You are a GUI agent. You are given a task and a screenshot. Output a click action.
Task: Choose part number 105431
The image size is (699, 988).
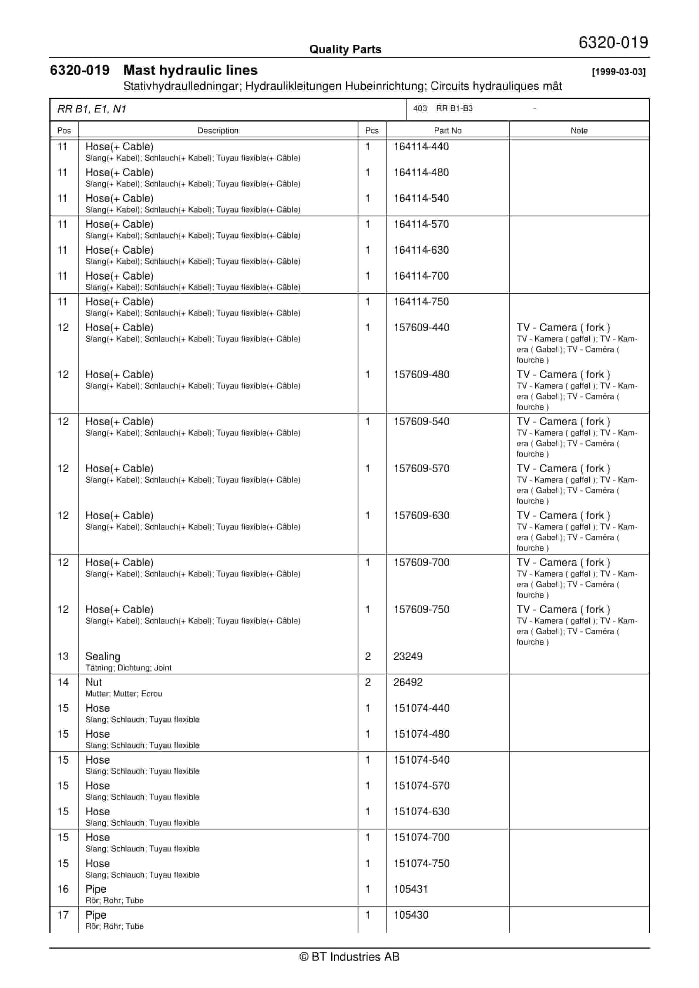click(x=411, y=889)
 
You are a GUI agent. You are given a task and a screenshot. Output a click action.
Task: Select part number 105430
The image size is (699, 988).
click(x=411, y=915)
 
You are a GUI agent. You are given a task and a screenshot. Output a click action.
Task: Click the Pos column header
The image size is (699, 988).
click(x=64, y=130)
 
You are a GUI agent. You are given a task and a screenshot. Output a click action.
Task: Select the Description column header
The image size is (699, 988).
click(x=218, y=130)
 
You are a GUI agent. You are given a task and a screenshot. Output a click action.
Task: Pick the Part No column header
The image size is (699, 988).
click(x=447, y=130)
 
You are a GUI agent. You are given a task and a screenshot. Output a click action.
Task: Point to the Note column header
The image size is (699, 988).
click(x=579, y=130)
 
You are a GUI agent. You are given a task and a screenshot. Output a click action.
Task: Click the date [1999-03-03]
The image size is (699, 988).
click(x=619, y=72)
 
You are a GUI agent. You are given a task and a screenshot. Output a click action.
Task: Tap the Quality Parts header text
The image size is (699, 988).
click(x=345, y=49)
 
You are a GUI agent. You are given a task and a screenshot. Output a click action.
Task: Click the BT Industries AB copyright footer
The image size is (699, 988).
click(x=349, y=957)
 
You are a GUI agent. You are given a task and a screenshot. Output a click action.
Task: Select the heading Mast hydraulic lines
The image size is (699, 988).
click(x=190, y=70)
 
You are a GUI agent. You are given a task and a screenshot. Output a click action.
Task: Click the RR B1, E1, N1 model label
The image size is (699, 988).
click(x=92, y=109)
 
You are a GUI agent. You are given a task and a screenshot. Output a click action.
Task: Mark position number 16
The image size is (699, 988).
click(x=63, y=889)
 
